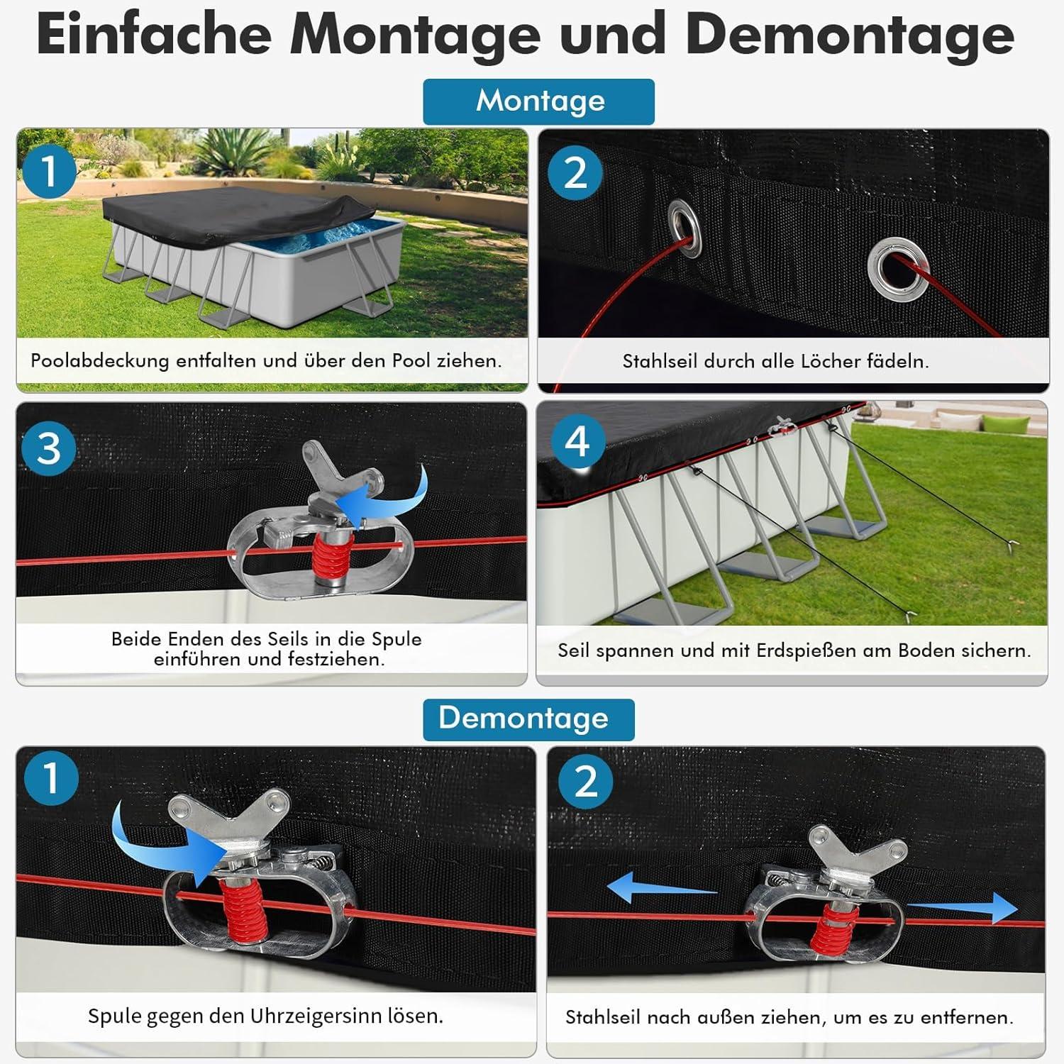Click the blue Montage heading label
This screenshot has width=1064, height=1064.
click(538, 101)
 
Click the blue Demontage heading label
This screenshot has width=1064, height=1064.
click(528, 719)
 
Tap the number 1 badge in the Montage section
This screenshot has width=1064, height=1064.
click(49, 172)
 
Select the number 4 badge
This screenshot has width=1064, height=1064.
click(577, 442)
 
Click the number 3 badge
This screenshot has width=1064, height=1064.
click(48, 449)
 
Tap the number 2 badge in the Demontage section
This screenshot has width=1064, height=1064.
click(586, 782)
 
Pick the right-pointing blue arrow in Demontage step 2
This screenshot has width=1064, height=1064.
click(963, 908)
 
